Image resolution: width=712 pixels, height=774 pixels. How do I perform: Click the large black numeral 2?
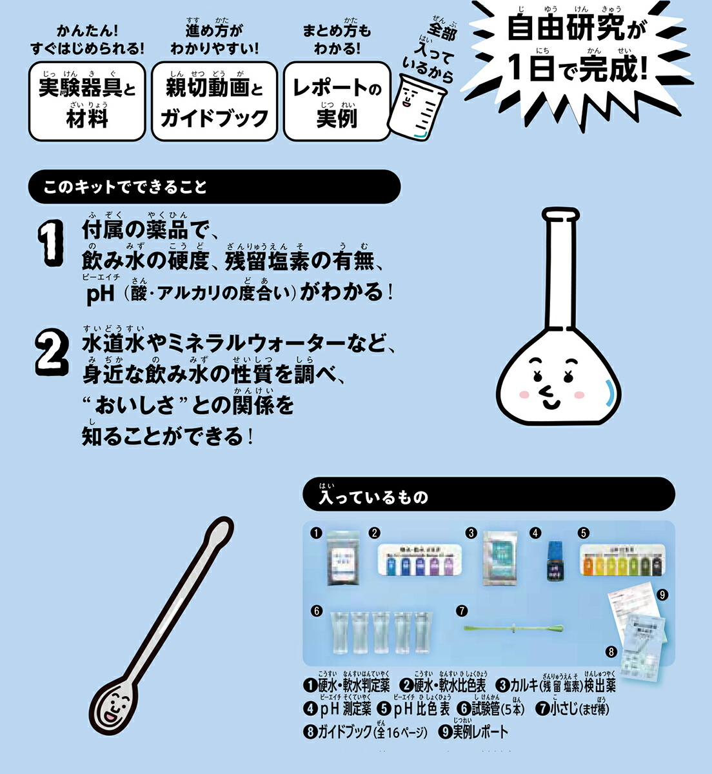point(52,352)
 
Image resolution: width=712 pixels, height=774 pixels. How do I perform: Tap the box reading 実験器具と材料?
point(87,101)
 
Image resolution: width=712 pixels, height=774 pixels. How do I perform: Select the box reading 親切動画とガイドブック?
point(214,101)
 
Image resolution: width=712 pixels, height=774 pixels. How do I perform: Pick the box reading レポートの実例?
point(337,101)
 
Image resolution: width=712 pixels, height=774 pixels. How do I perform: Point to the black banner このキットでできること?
point(214,187)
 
